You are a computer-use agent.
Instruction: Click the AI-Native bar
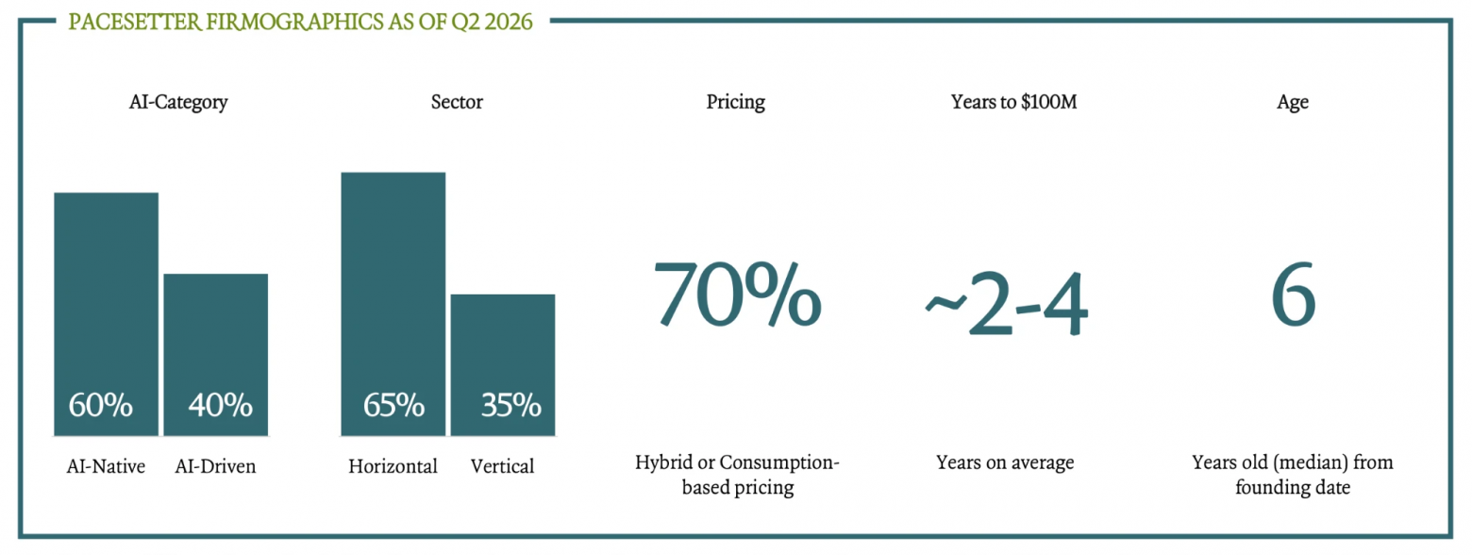pos(106,313)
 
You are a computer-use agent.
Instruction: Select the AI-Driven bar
pos(215,355)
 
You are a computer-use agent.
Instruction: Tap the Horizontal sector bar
pos(393,304)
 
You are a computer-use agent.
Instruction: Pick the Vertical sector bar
pos(503,365)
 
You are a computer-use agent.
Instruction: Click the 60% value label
pos(101,404)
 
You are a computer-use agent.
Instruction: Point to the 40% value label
pos(220,404)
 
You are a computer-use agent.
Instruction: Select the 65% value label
pos(393,404)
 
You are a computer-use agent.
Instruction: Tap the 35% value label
pos(510,404)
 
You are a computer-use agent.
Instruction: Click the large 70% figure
pos(737,294)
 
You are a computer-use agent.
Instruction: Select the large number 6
pos(1293,294)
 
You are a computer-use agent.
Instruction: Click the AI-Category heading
pos(178,103)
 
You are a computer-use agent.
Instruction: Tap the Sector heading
pos(457,102)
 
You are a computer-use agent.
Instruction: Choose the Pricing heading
pos(735,103)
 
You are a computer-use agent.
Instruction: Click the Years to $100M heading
pos(1014,102)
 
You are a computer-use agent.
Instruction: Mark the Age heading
pos(1293,103)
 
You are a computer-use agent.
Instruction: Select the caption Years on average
pos(1005,462)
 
